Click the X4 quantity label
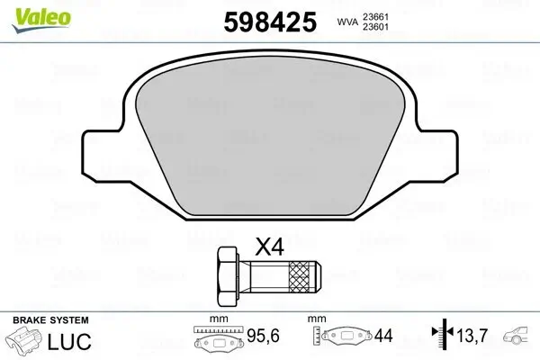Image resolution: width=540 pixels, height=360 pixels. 271,247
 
